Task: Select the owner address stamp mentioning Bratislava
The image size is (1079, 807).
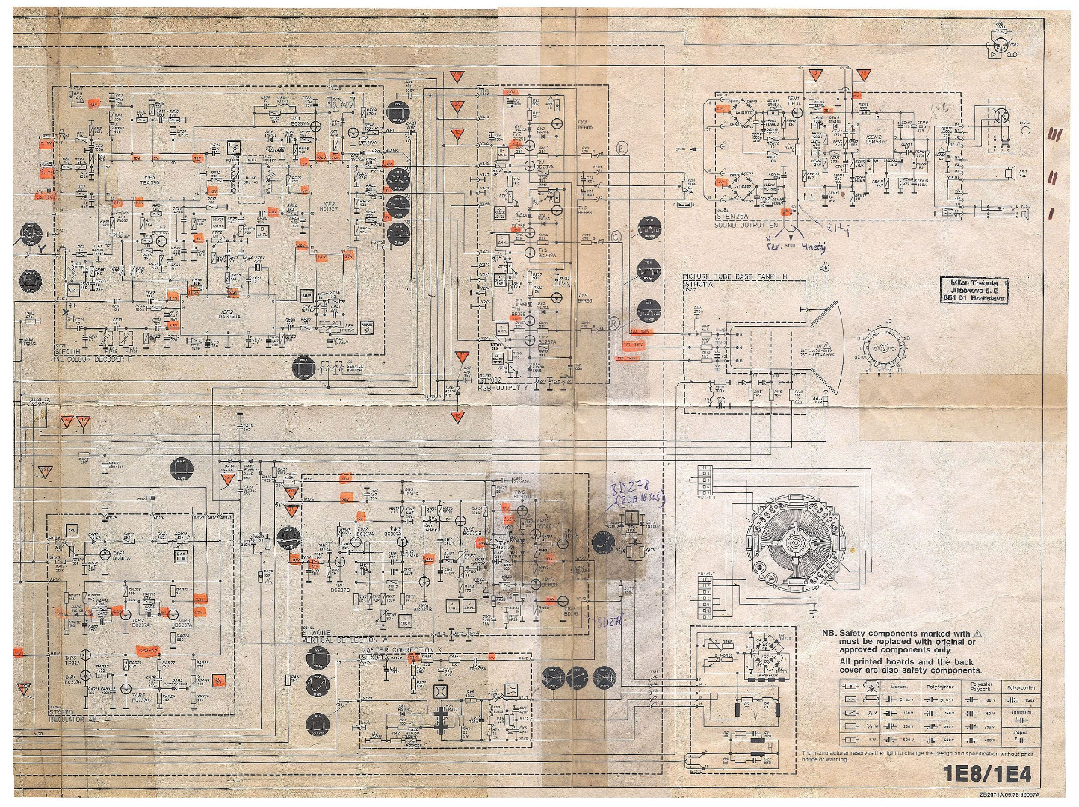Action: pos(974,290)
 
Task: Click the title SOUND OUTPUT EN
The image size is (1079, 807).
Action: pos(746,224)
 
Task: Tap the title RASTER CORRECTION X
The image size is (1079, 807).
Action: pos(401,650)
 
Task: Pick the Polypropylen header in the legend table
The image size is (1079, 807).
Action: pos(1021,687)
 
